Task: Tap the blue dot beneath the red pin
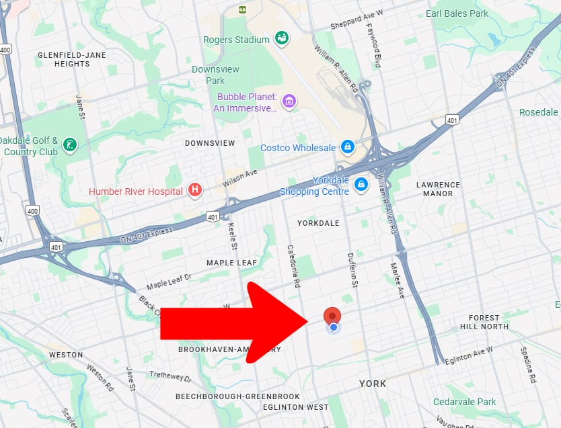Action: (333, 327)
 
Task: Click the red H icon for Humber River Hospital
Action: (195, 191)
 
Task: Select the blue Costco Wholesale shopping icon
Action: (347, 147)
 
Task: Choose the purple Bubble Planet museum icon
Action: (289, 101)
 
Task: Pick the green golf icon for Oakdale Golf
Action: (69, 144)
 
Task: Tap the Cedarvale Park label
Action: (464, 402)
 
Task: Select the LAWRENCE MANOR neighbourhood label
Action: (438, 189)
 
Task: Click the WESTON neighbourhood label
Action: (66, 355)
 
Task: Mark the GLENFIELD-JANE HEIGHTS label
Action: (64, 59)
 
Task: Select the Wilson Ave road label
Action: (241, 177)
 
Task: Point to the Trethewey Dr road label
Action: (171, 376)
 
